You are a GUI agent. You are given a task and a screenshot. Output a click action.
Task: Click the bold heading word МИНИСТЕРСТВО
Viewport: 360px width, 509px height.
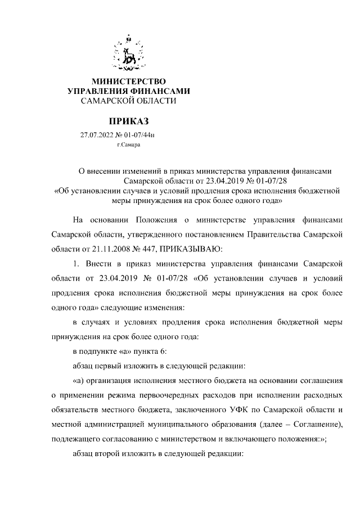pos(129,82)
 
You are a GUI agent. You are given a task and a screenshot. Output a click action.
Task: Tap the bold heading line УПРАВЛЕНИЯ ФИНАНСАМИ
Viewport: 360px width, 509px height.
pos(129,91)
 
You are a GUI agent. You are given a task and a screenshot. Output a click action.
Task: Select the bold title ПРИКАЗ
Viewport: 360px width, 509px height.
pos(129,120)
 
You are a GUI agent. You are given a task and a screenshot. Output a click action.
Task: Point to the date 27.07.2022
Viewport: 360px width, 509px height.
pos(97,135)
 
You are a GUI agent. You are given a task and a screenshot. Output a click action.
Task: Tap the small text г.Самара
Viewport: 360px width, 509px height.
pos(129,145)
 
